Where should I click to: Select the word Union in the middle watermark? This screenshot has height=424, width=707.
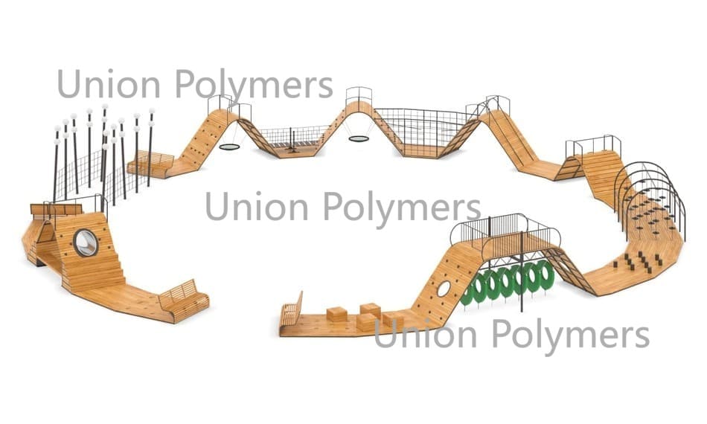tap(257, 205)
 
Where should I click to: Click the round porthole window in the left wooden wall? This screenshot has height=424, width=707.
tap(86, 242)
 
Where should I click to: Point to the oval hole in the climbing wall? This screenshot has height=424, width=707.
tap(444, 289)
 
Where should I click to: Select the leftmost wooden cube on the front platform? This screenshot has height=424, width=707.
tap(337, 314)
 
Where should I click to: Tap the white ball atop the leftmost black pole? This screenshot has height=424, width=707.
tap(57, 130)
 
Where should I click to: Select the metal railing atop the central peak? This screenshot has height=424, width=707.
tap(359, 95)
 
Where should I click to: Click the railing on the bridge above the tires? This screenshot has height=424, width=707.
tap(506, 228)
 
